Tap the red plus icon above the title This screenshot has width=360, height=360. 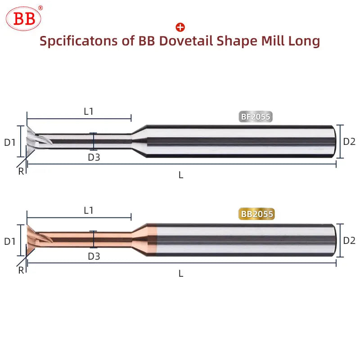[180, 27]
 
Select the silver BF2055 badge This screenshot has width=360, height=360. [256, 117]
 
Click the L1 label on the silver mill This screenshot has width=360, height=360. [89, 112]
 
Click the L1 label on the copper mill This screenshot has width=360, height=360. [89, 210]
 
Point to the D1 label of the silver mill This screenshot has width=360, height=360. [10, 142]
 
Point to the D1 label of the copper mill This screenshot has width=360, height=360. [10, 241]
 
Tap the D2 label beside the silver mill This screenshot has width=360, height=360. [349, 141]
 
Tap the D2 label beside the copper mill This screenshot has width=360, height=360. [349, 240]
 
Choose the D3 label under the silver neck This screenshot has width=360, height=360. [94, 157]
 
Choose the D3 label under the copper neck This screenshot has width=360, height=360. [94, 256]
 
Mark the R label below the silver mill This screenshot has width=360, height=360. [21, 171]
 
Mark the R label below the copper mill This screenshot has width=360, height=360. [21, 270]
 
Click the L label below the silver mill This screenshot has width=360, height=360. [181, 175]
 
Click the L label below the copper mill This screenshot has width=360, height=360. [181, 274]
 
